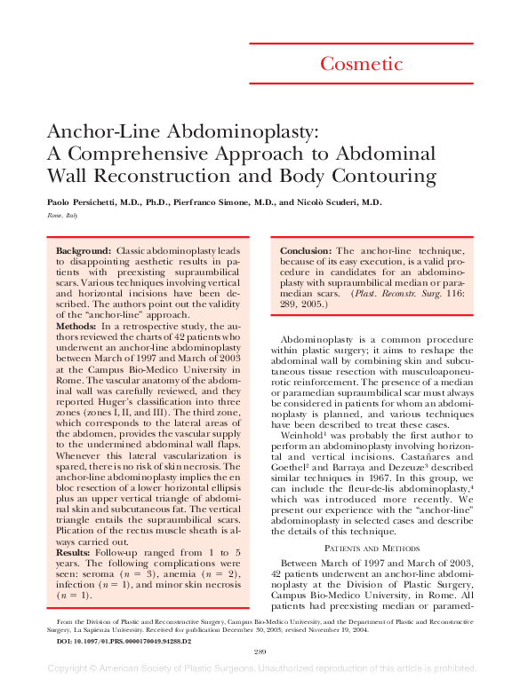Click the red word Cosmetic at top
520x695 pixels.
pos(361,63)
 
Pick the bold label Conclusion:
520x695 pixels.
pos(307,252)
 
